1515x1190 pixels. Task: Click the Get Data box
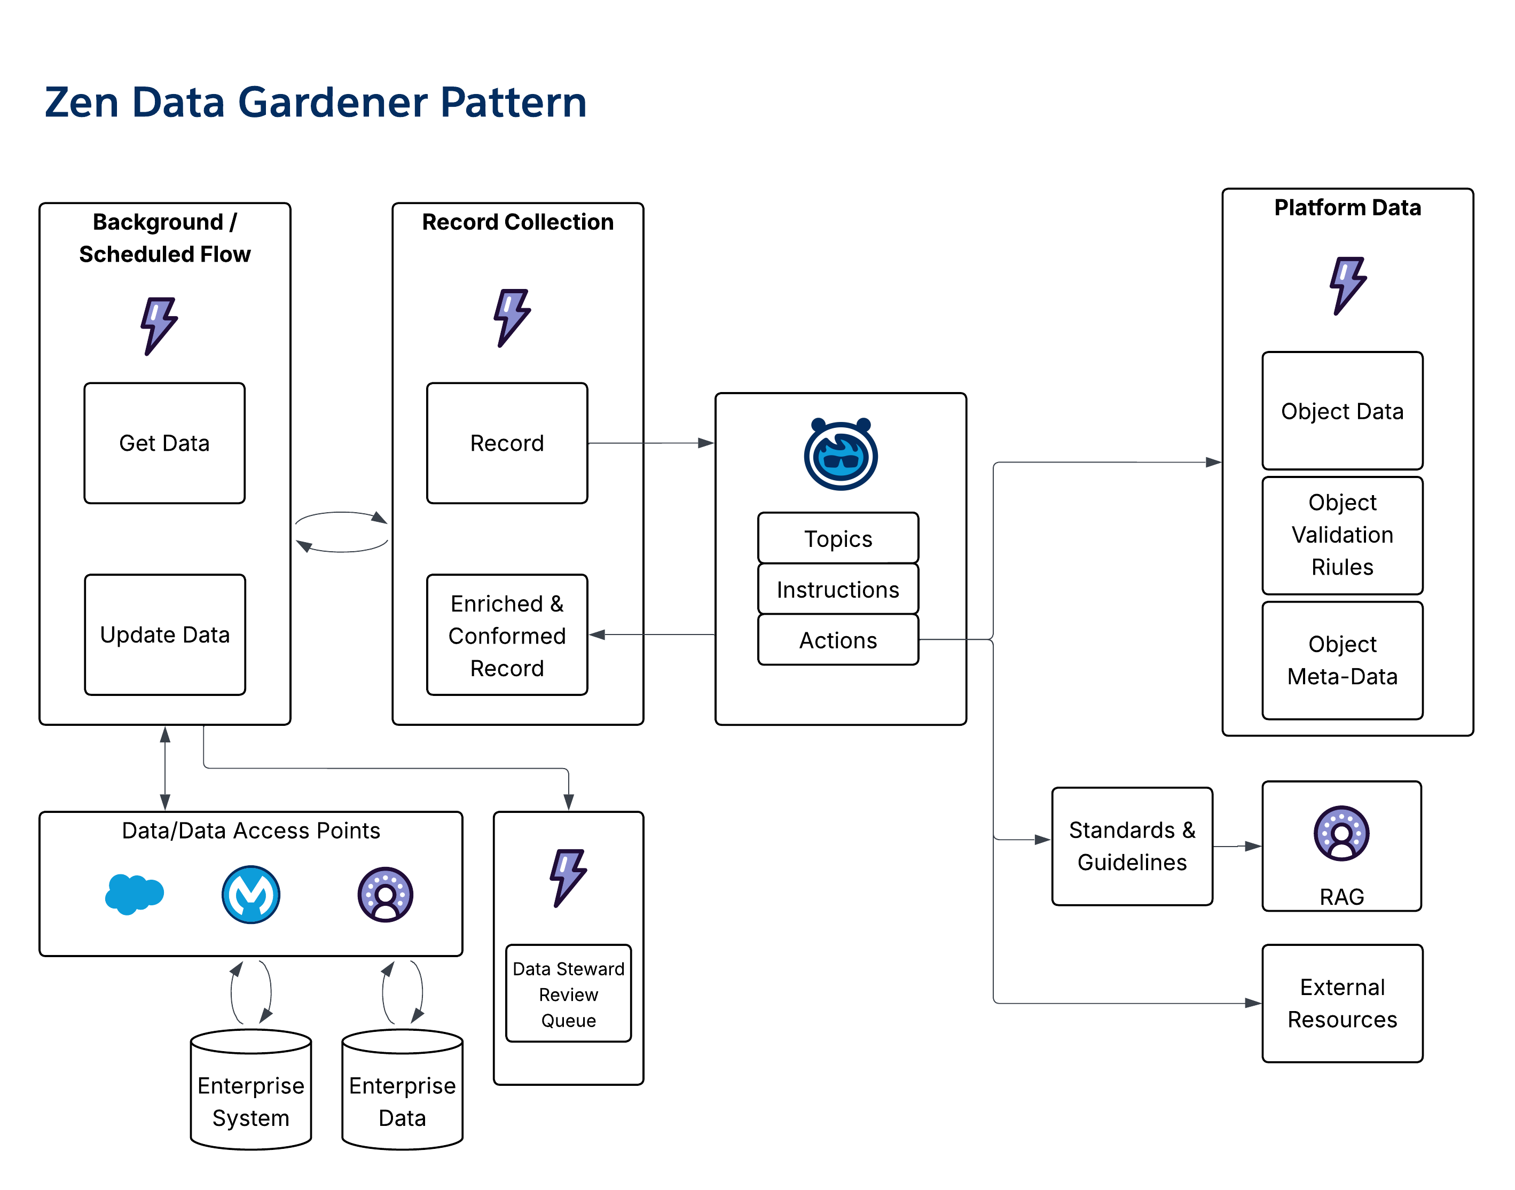(164, 443)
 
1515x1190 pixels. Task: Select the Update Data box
(164, 635)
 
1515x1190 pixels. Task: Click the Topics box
(838, 538)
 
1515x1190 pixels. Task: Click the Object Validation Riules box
(1343, 535)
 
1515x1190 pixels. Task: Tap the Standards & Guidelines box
(1132, 846)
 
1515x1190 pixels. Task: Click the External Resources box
(1343, 1003)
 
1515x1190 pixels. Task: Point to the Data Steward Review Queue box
(568, 993)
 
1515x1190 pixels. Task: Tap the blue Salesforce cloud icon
(134, 894)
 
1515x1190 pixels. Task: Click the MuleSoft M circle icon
(251, 895)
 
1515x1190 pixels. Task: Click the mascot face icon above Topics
(841, 455)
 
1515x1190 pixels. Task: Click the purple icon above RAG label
(1341, 833)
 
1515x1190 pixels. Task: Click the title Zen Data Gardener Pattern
(316, 103)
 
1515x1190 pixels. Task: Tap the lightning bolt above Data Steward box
(568, 877)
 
